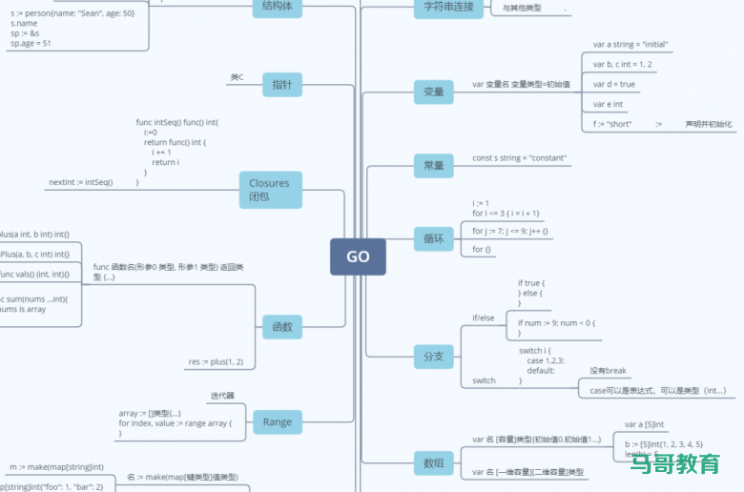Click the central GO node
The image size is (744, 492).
click(x=358, y=256)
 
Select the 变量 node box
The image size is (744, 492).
click(x=433, y=92)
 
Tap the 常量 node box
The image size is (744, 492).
click(x=433, y=165)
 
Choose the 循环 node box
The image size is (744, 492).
click(x=433, y=238)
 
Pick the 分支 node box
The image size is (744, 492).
click(x=433, y=356)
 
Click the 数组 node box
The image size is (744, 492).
click(x=433, y=463)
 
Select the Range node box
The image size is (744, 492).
click(x=277, y=421)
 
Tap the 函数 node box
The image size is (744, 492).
click(x=282, y=327)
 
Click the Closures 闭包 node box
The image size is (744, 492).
click(x=270, y=190)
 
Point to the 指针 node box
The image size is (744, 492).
click(x=282, y=85)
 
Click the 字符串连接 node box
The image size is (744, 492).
click(x=447, y=7)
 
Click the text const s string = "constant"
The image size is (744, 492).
click(x=519, y=158)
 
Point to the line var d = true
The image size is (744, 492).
click(x=613, y=85)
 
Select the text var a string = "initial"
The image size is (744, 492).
click(x=630, y=45)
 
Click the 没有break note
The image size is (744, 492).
click(x=608, y=371)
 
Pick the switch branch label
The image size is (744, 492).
click(x=484, y=380)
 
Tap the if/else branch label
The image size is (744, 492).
click(x=483, y=318)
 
